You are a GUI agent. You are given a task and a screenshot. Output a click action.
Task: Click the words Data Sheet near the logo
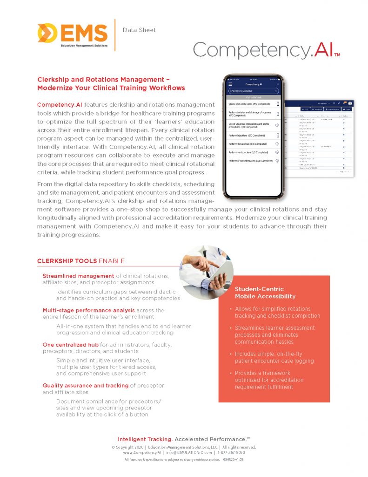tap(139, 30)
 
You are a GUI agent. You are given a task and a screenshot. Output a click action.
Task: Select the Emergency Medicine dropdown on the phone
tap(253, 91)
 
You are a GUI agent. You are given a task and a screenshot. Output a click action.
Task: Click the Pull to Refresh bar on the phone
tap(253, 97)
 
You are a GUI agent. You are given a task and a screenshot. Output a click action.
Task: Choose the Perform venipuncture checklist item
tap(248, 152)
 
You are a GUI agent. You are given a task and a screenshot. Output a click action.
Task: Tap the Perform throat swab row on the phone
tap(248, 144)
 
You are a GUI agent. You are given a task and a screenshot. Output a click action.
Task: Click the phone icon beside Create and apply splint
tap(278, 103)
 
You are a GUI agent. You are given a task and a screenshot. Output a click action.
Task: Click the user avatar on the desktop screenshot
tap(350, 103)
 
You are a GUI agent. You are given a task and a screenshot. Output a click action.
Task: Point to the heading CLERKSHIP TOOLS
tap(67, 261)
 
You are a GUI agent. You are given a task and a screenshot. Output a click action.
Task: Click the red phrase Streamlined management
tap(78, 276)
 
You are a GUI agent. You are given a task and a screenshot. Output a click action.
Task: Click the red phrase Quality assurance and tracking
tap(86, 386)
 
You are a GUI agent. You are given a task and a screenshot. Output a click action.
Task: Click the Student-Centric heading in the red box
tap(259, 289)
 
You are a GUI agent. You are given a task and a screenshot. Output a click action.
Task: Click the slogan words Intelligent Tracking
tap(145, 439)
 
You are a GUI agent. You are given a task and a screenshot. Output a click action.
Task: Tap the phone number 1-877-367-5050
tap(231, 452)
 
